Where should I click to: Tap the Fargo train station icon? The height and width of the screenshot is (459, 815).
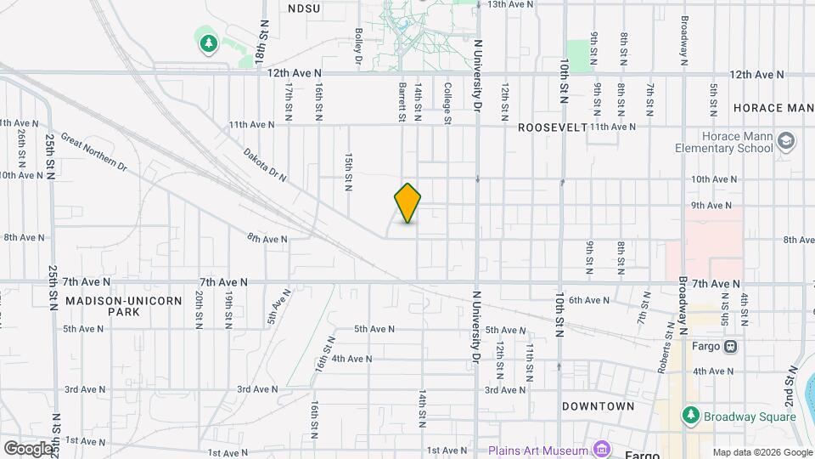(730, 347)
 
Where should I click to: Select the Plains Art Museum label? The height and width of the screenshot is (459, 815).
(538, 450)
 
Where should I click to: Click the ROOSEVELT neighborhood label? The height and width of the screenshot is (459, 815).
(552, 127)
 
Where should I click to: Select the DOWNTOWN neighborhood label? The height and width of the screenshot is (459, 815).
(598, 406)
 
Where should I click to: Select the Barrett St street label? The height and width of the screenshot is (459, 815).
(402, 102)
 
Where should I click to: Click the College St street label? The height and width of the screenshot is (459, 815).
(447, 103)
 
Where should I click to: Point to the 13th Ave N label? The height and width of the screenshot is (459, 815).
(509, 4)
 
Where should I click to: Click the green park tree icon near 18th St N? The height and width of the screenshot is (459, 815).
(208, 42)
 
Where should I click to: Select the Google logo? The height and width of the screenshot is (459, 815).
(27, 448)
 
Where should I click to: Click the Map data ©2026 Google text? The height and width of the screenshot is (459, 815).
(762, 452)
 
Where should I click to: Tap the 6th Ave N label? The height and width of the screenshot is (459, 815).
(589, 300)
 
